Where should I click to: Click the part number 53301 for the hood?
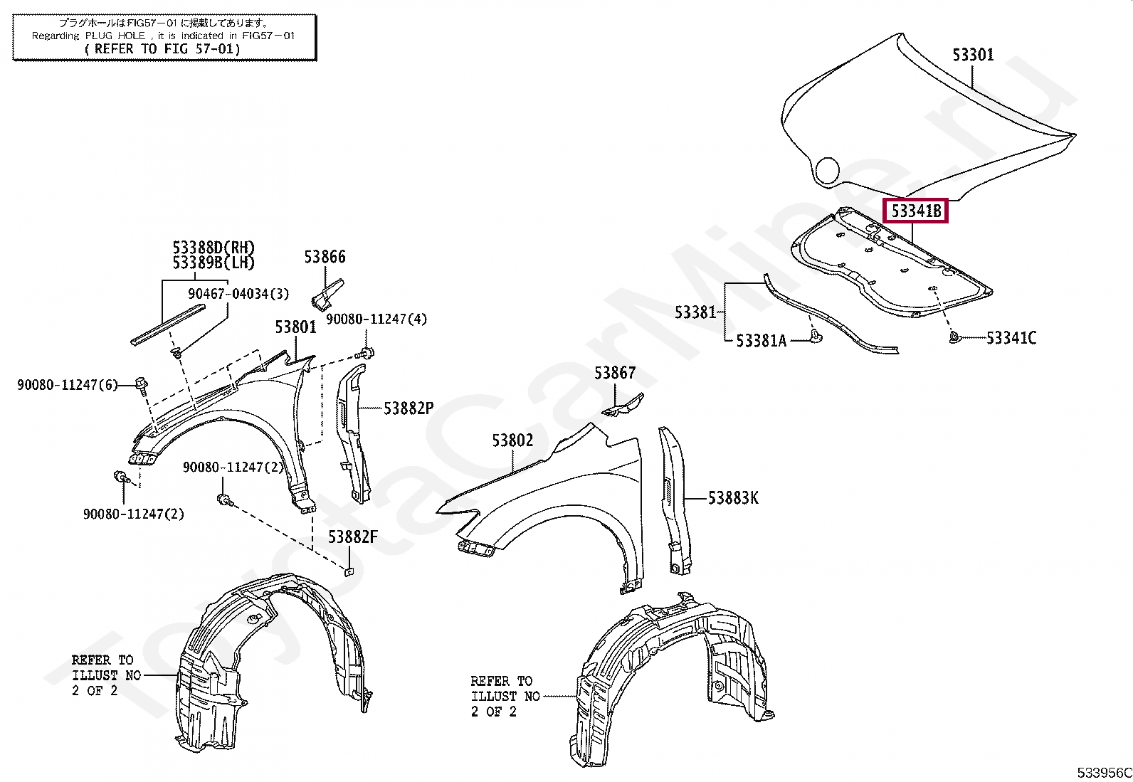(x=973, y=55)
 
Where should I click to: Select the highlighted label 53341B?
(x=915, y=211)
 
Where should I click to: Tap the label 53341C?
(x=1011, y=338)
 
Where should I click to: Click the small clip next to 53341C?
(x=955, y=337)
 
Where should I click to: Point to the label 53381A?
(x=761, y=341)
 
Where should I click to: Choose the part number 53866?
(x=325, y=257)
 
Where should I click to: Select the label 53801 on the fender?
(x=295, y=327)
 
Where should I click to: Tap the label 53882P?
(x=408, y=408)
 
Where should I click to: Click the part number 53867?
(x=615, y=373)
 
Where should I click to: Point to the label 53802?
(x=512, y=441)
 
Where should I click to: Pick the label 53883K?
(x=733, y=498)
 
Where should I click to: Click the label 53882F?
(x=352, y=537)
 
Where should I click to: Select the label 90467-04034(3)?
(x=238, y=294)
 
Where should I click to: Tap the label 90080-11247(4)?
(x=376, y=319)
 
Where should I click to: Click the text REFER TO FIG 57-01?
(x=163, y=49)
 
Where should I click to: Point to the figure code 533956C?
(x=1103, y=773)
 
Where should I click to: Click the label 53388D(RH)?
(x=214, y=248)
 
